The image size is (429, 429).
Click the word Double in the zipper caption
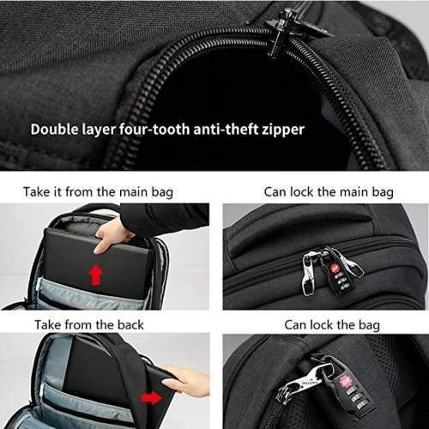tap(56, 130)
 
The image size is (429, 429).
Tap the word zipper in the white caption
tap(280, 130)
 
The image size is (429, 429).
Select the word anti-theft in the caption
tap(220, 130)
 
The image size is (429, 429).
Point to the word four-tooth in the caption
tap(151, 130)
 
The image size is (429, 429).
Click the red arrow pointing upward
tap(96, 275)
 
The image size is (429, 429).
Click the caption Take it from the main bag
tap(98, 191)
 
